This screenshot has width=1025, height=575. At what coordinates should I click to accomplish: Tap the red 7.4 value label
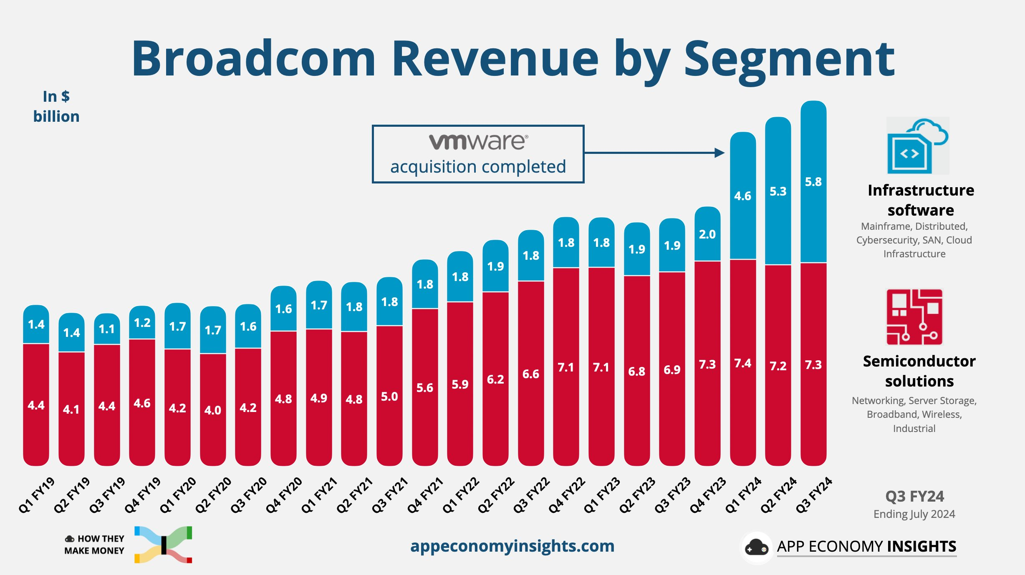point(743,363)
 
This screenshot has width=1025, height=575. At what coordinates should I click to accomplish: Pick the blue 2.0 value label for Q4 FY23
point(707,234)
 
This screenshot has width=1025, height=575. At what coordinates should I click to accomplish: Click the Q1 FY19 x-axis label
point(37,495)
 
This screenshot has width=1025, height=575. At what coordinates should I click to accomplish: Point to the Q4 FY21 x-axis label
point(425,495)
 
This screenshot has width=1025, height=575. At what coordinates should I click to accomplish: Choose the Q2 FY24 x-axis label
point(778,495)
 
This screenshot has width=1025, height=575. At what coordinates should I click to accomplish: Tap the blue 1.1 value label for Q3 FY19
point(107,329)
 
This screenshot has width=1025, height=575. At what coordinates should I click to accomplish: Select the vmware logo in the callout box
point(478,142)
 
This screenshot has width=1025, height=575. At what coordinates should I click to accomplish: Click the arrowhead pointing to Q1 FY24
point(719,153)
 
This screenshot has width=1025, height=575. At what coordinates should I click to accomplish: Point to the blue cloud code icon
point(918,146)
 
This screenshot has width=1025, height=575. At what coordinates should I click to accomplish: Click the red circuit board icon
point(914,317)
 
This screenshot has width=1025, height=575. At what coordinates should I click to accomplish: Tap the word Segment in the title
point(789,59)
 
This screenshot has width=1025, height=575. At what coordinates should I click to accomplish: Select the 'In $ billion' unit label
point(56,106)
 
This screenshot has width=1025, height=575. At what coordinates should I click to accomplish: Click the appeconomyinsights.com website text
point(512,546)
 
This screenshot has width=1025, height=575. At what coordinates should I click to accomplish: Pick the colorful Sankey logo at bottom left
point(163,545)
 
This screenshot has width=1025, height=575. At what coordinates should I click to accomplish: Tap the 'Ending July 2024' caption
point(914,514)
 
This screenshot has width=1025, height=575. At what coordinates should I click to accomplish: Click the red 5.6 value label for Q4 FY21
point(425,388)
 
